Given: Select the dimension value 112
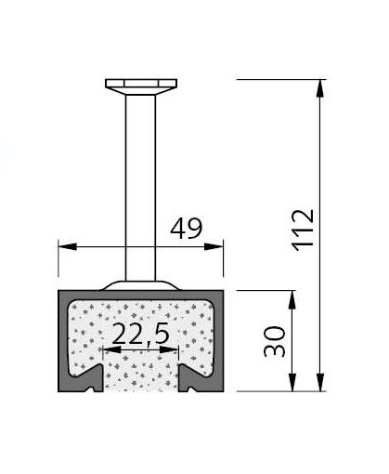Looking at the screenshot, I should (304, 230).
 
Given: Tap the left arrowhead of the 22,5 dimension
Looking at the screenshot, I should (110, 350).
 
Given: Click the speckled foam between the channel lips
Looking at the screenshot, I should (141, 376).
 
